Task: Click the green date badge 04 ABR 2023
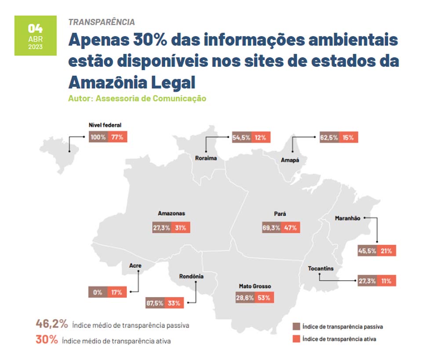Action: (x=36, y=36)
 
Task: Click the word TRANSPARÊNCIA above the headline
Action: (x=102, y=22)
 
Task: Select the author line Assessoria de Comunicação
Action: (x=137, y=99)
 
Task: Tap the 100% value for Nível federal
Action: (x=98, y=137)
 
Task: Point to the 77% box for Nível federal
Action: (x=118, y=137)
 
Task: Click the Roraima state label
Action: (x=206, y=158)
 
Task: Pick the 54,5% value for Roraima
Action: (x=241, y=137)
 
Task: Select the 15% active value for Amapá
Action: (x=348, y=137)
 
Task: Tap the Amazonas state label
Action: (x=171, y=213)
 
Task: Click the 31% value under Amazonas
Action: (x=180, y=228)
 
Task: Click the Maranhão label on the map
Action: (x=347, y=218)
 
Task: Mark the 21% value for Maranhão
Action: (x=387, y=251)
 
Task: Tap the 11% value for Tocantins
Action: (x=387, y=281)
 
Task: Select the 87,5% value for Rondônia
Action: (x=155, y=303)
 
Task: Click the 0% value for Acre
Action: (x=98, y=292)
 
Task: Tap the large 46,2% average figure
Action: (x=52, y=324)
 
